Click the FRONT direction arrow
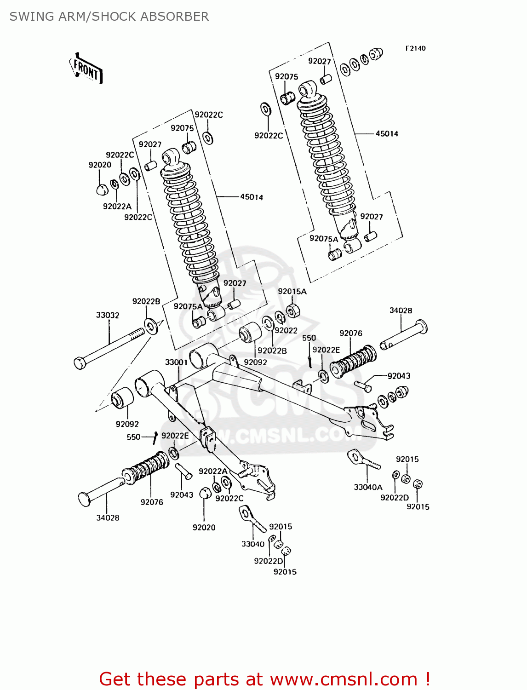pyautogui.click(x=86, y=69)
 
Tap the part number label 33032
pyautogui.click(x=108, y=315)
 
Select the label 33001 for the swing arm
pyautogui.click(x=177, y=362)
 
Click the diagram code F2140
pyautogui.click(x=415, y=48)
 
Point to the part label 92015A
pyautogui.click(x=292, y=291)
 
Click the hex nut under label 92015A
pyautogui.click(x=293, y=310)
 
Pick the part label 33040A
pyautogui.click(x=368, y=487)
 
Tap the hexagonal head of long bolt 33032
pyautogui.click(x=80, y=363)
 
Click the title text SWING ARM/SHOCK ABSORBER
pyautogui.click(x=109, y=17)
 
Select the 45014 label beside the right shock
pyautogui.click(x=387, y=133)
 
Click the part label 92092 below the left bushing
pyautogui.click(x=127, y=424)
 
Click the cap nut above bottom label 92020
pyautogui.click(x=205, y=493)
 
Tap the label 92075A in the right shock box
pyautogui.click(x=323, y=238)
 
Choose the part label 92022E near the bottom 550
pyautogui.click(x=175, y=436)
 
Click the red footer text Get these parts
pyautogui.click(x=264, y=679)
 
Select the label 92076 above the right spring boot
pyautogui.click(x=351, y=333)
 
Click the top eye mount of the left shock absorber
pyautogui.click(x=172, y=157)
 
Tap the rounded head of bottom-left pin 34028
pyautogui.click(x=84, y=500)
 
